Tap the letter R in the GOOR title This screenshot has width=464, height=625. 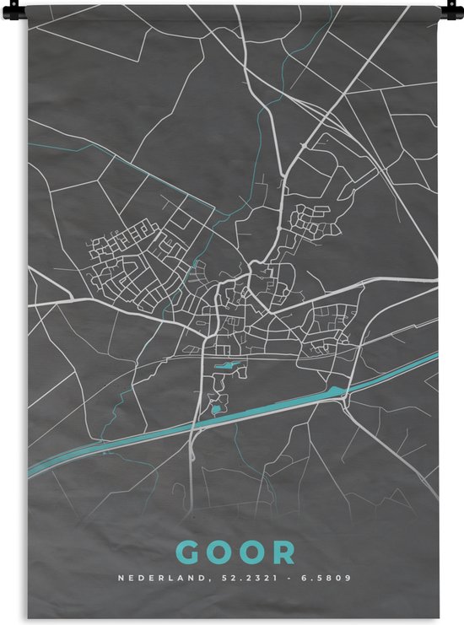pos(284,552)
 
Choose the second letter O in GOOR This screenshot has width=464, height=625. pos(252,552)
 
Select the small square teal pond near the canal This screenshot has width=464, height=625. pos(215,410)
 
